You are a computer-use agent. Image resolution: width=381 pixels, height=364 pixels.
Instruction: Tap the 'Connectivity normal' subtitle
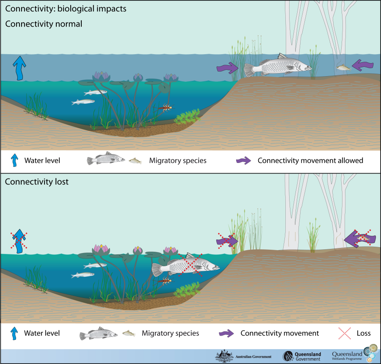point(44,24)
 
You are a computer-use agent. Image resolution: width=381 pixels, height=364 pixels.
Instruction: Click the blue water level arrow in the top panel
point(18,67)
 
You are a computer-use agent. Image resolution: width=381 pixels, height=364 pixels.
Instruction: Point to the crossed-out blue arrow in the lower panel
point(19,240)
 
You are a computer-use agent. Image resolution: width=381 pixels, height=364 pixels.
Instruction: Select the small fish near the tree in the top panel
point(342,67)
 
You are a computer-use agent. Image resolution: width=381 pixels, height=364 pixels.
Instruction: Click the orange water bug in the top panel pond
point(165,108)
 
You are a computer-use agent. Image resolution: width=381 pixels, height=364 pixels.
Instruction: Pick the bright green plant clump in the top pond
point(187,117)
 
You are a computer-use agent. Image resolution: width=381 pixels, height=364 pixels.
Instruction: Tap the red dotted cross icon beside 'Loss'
point(344,333)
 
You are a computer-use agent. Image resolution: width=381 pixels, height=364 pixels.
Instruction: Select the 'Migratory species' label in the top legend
point(178,160)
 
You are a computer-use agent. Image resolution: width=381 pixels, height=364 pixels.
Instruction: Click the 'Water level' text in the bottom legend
point(42,333)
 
